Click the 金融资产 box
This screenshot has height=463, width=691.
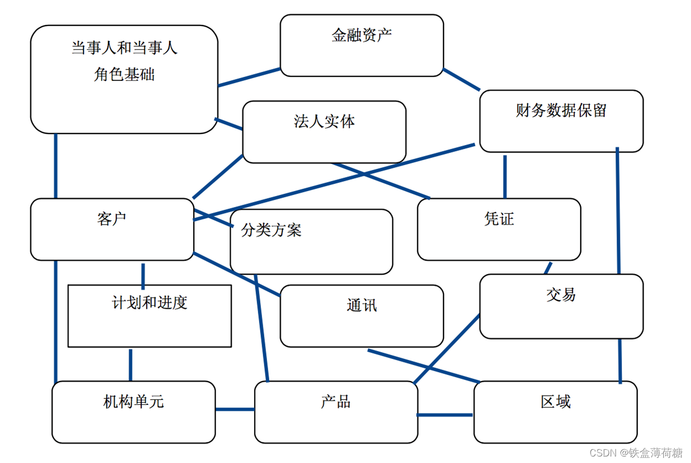[362, 46]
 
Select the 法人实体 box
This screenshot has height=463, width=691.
[324, 132]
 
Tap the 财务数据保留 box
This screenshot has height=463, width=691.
[561, 121]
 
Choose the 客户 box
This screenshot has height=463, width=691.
[112, 229]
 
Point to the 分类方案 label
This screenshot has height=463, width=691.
[271, 230]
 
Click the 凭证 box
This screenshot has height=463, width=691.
[498, 229]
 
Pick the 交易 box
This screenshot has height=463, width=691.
[561, 306]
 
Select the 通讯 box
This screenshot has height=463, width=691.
[362, 316]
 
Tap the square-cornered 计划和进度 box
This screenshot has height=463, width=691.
[149, 316]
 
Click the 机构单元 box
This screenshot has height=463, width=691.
[134, 412]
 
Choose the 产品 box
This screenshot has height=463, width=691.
[335, 412]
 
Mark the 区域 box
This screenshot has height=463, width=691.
[555, 412]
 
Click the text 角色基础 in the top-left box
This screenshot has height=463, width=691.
[124, 74]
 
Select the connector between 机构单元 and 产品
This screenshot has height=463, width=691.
[234, 409]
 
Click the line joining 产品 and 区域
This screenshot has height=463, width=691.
[445, 415]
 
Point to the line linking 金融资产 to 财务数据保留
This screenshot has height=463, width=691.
[461, 79]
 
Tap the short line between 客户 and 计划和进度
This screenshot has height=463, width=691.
[143, 276]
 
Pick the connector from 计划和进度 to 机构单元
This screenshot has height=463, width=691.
[130, 365]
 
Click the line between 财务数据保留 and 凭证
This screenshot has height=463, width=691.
[505, 177]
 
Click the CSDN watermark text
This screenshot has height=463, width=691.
[635, 453]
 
